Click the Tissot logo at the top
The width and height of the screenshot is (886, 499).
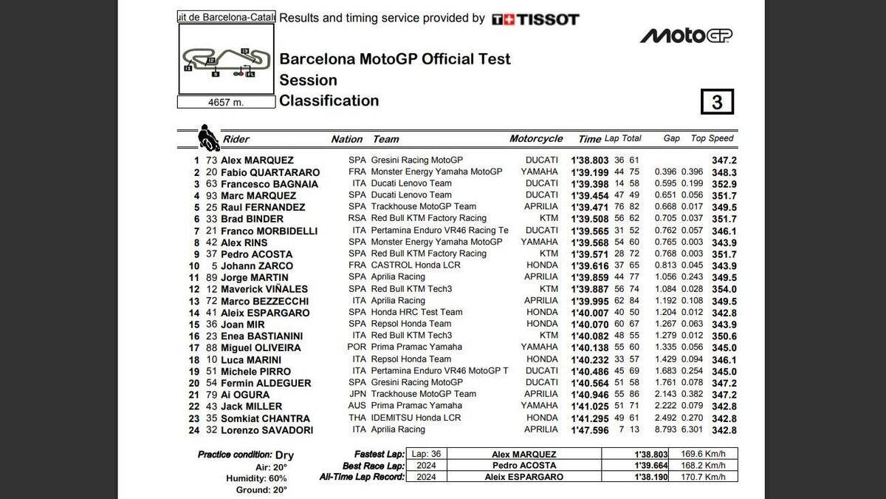(x=535, y=19)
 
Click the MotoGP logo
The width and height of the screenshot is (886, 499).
(x=686, y=35)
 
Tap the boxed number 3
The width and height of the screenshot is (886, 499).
(x=716, y=102)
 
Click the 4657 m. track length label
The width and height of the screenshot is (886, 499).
(x=226, y=103)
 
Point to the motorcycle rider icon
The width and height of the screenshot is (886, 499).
(x=207, y=138)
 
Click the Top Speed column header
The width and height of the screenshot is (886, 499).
(x=712, y=138)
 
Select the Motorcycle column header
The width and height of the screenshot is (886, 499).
(x=535, y=139)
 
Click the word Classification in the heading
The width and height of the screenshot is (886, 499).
(x=329, y=101)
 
